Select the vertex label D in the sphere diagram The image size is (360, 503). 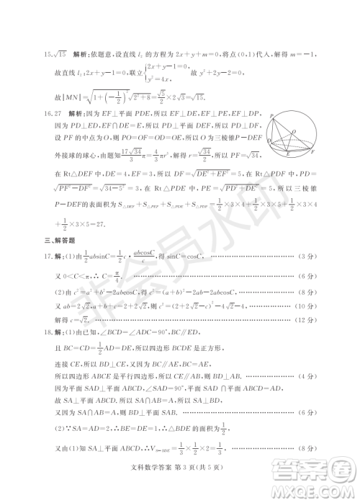(x=269, y=142)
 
